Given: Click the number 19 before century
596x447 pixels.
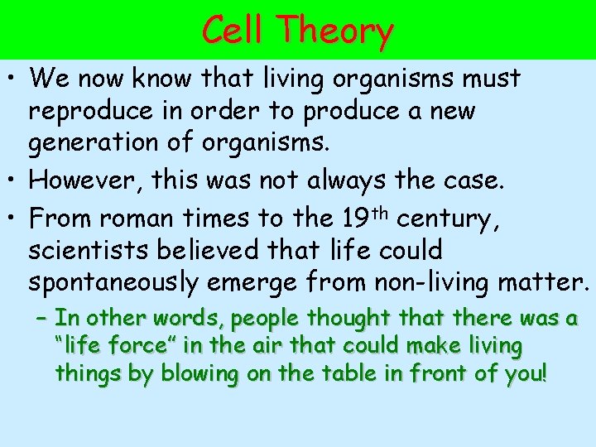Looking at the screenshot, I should point(354,218).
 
